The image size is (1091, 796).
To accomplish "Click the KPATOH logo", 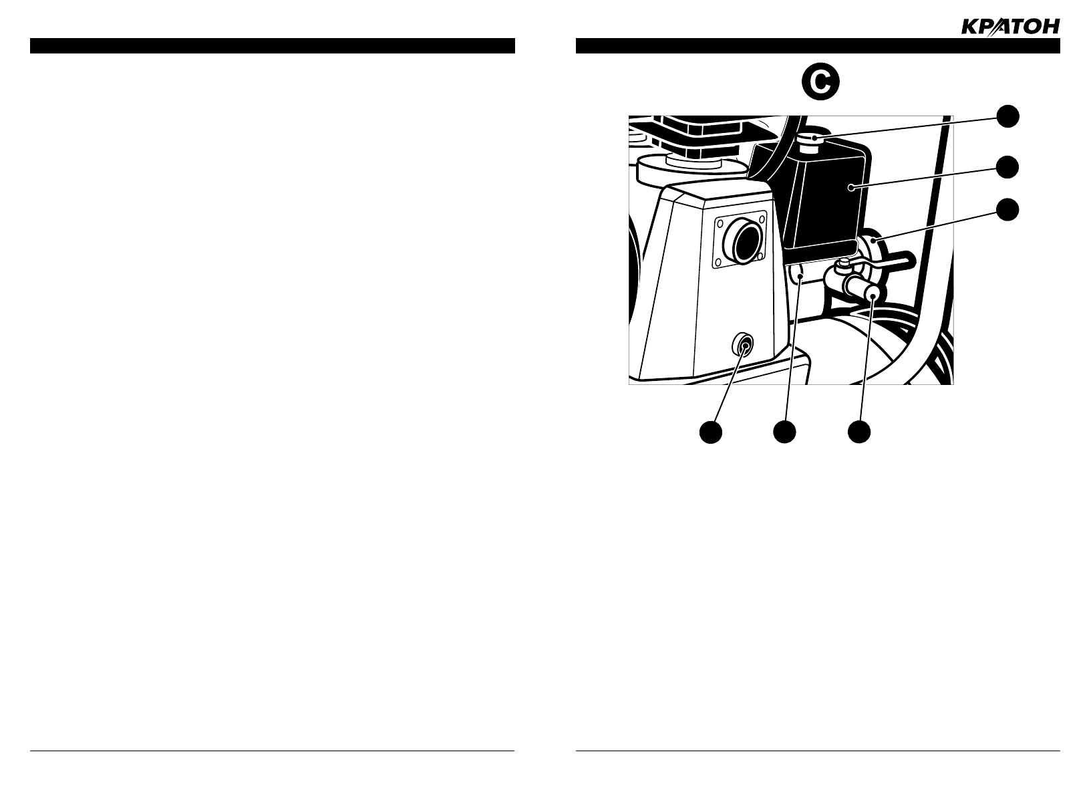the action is (x=1009, y=26).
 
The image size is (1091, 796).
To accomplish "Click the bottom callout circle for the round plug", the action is (x=711, y=432).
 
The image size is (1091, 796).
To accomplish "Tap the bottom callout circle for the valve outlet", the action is (x=859, y=432).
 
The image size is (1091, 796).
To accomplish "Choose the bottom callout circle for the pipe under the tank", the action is (x=785, y=432).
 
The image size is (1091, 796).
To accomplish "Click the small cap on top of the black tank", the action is (x=811, y=142).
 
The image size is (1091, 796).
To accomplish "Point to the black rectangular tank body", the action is (x=826, y=201).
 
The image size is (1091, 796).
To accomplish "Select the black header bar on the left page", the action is (x=272, y=45).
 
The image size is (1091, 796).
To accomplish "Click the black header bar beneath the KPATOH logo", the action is (x=818, y=45).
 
